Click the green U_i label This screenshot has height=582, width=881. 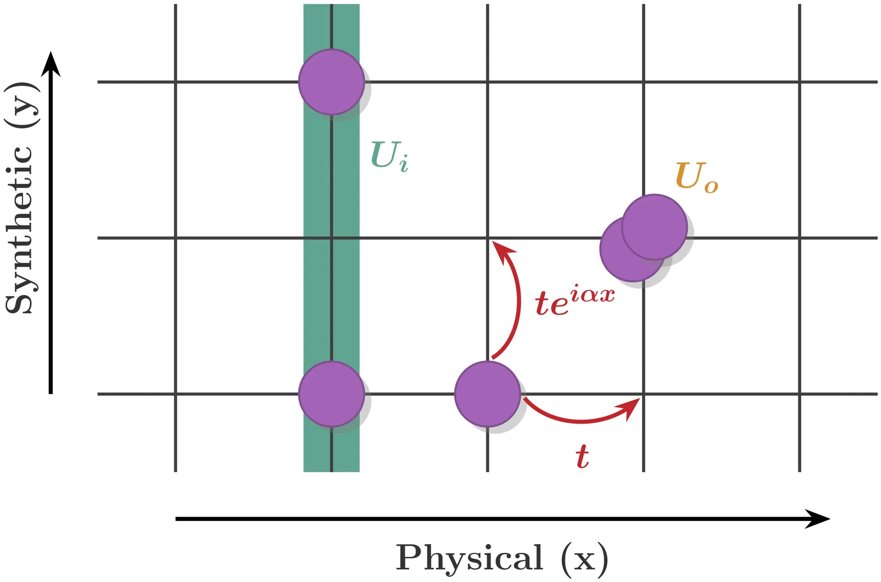point(389,156)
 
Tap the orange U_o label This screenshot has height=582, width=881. point(696,177)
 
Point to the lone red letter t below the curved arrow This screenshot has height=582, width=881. point(581,456)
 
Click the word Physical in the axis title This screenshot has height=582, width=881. point(469,558)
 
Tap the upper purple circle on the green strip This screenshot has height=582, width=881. point(331,82)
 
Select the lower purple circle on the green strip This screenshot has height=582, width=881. point(331,394)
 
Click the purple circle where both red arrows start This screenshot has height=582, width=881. point(487,394)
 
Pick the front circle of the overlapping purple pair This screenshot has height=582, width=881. point(654,227)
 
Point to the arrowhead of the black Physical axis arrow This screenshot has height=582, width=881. point(819,519)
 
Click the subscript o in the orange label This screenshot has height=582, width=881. point(711,186)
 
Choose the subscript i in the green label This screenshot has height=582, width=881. point(404,164)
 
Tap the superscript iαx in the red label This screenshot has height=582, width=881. point(592,295)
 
